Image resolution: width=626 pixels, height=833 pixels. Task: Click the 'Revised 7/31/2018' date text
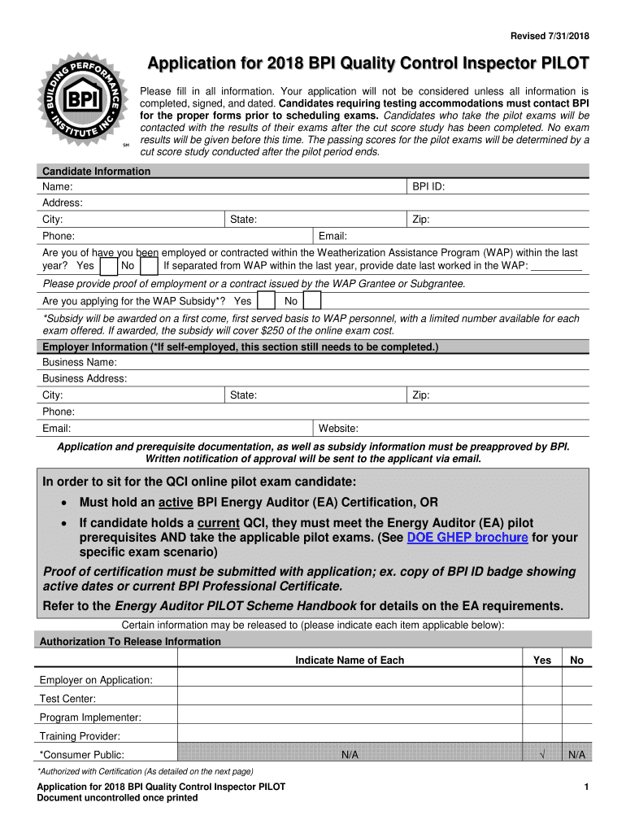pyautogui.click(x=549, y=35)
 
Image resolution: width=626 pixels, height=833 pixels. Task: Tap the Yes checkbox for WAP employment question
pyautogui.click(x=109, y=267)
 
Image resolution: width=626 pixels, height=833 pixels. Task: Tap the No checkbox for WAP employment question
pyautogui.click(x=149, y=267)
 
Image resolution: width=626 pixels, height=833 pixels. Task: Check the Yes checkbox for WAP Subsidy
pyautogui.click(x=265, y=301)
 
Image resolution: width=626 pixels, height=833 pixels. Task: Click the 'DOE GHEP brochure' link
pyautogui.click(x=467, y=538)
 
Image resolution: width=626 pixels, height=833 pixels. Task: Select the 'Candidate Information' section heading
pyautogui.click(x=96, y=171)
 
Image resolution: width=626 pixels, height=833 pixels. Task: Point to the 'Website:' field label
pyautogui.click(x=338, y=429)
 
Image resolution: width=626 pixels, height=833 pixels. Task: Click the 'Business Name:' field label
pyautogui.click(x=80, y=362)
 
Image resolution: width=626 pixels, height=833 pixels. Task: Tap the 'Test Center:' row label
pyautogui.click(x=67, y=699)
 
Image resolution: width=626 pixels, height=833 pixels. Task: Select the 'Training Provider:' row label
pyautogui.click(x=80, y=736)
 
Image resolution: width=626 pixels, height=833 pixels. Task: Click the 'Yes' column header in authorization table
pyautogui.click(x=541, y=661)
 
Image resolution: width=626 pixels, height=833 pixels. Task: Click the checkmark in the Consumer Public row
pyautogui.click(x=541, y=756)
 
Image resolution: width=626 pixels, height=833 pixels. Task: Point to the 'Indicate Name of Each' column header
pyautogui.click(x=349, y=661)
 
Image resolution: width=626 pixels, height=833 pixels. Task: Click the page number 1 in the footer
pyautogui.click(x=585, y=787)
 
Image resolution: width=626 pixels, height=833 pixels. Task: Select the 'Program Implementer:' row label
pyautogui.click(x=90, y=717)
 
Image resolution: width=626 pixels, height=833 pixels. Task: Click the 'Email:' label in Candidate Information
pyautogui.click(x=333, y=236)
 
